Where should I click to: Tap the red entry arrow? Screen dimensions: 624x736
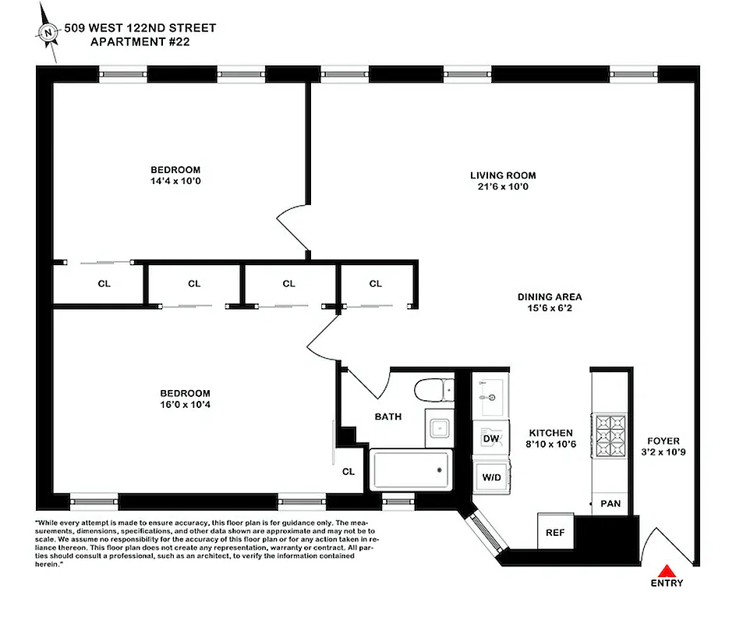pyautogui.click(x=666, y=570)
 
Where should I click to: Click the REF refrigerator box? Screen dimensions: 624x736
pyautogui.click(x=555, y=532)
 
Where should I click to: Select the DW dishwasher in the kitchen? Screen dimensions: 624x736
pyautogui.click(x=491, y=439)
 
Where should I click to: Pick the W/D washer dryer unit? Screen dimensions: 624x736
pyautogui.click(x=491, y=475)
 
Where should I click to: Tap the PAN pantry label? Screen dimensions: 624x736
pyautogui.click(x=610, y=503)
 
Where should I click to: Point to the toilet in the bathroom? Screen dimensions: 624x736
pyautogui.click(x=434, y=389)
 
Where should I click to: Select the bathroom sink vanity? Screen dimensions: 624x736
pyautogui.click(x=439, y=427)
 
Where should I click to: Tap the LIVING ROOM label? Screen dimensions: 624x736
pyautogui.click(x=503, y=175)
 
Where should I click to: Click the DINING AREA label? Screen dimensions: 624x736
pyautogui.click(x=550, y=296)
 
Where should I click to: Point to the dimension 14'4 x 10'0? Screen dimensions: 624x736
pyautogui.click(x=175, y=181)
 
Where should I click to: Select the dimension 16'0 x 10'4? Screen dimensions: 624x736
pyautogui.click(x=185, y=405)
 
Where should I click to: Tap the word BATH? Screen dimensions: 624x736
pyautogui.click(x=388, y=417)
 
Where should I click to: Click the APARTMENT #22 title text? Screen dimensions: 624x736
pyautogui.click(x=140, y=41)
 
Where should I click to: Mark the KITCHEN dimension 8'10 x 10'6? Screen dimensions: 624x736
pyautogui.click(x=551, y=444)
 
